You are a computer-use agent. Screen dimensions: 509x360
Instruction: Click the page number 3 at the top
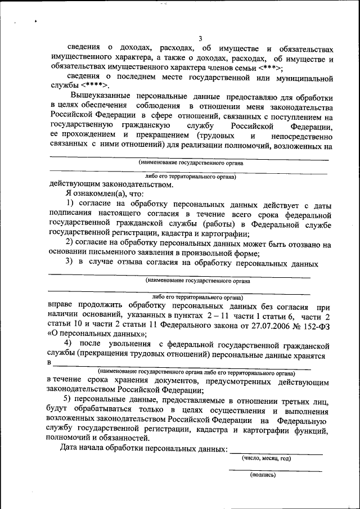pos(200,38)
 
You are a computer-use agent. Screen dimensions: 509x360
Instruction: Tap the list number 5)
pos(67,400)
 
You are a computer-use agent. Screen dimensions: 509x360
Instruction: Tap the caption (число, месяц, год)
pos(266,458)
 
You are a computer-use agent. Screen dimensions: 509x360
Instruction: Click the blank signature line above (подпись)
pos(275,470)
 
